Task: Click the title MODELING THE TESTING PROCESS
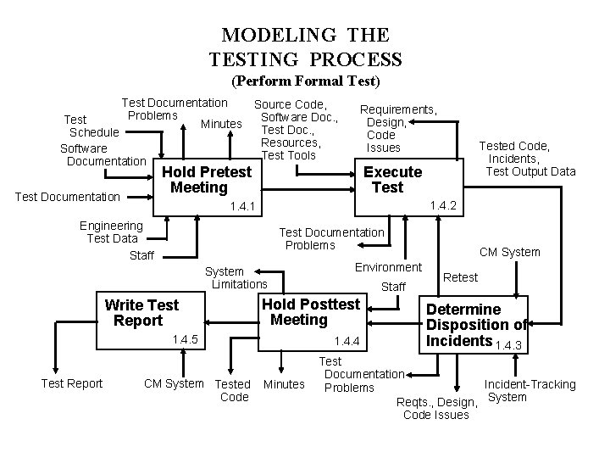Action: pyautogui.click(x=305, y=47)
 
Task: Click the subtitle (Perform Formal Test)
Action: pyautogui.click(x=306, y=82)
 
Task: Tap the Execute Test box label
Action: pyautogui.click(x=392, y=179)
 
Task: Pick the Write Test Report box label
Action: pyautogui.click(x=141, y=313)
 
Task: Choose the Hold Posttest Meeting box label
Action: pyautogui.click(x=311, y=311)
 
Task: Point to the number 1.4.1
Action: pyautogui.click(x=241, y=207)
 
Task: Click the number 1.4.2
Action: pyautogui.click(x=444, y=205)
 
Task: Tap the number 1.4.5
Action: pyautogui.click(x=184, y=340)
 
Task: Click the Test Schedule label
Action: pyautogui.click(x=90, y=126)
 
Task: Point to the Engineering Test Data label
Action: pyautogui.click(x=111, y=232)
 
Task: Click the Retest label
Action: pyautogui.click(x=461, y=277)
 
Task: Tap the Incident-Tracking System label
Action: pyautogui.click(x=530, y=390)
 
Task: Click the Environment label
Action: pyautogui.click(x=388, y=266)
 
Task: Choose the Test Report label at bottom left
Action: pyautogui.click(x=72, y=383)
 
